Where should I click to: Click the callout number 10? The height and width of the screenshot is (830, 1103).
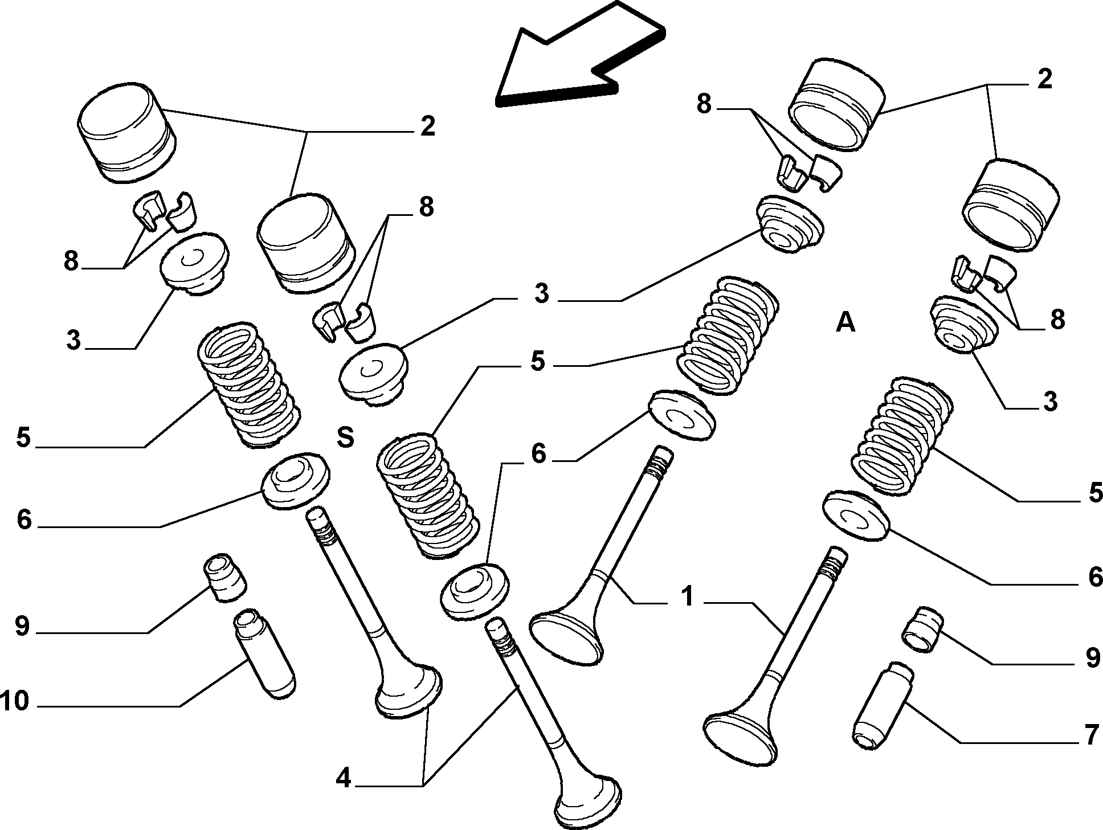(15, 701)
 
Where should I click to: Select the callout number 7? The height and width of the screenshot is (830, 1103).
(1090, 735)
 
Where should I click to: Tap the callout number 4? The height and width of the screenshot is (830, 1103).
(343, 778)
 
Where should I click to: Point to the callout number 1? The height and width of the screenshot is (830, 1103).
(688, 597)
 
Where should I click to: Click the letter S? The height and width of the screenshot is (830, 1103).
(345, 438)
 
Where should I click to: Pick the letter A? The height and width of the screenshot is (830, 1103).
(845, 322)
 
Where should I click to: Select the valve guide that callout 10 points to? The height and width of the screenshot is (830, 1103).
(265, 655)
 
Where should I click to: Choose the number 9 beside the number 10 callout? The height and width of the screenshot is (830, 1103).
(22, 626)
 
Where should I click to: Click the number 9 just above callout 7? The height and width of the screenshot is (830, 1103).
(1092, 658)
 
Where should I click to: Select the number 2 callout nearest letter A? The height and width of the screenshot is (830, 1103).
(1044, 79)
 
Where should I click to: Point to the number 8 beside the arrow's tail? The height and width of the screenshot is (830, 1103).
(704, 105)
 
